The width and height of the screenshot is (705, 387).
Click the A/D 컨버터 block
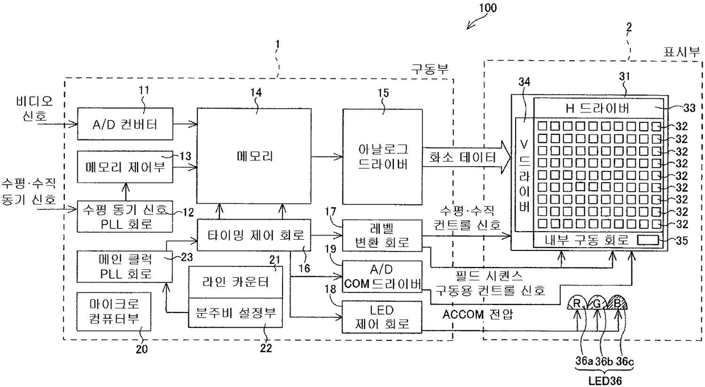click(x=125, y=124)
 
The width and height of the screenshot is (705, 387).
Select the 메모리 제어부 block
click(x=125, y=167)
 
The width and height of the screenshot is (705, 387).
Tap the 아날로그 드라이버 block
click(x=383, y=157)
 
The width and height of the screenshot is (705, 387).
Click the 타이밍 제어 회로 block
click(x=254, y=235)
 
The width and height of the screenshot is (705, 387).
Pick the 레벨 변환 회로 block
click(x=382, y=236)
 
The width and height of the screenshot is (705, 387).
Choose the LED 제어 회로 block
click(x=381, y=317)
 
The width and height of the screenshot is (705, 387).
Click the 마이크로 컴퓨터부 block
click(x=114, y=311)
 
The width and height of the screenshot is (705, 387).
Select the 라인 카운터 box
click(x=235, y=282)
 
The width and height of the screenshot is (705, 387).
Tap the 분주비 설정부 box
click(x=235, y=312)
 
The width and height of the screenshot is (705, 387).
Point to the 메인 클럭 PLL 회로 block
click(x=125, y=266)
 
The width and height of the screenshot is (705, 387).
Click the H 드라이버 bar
click(x=599, y=108)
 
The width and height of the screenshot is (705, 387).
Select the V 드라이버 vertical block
click(x=524, y=175)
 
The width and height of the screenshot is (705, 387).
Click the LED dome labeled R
click(x=577, y=303)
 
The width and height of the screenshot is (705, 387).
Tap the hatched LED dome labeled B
click(x=617, y=303)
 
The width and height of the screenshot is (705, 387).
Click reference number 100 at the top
click(x=488, y=7)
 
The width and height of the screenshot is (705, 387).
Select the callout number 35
click(x=682, y=241)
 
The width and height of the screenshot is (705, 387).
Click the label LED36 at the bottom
click(x=605, y=381)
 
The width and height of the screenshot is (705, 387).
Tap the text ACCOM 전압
click(x=478, y=314)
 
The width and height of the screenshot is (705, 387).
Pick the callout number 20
click(x=142, y=349)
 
